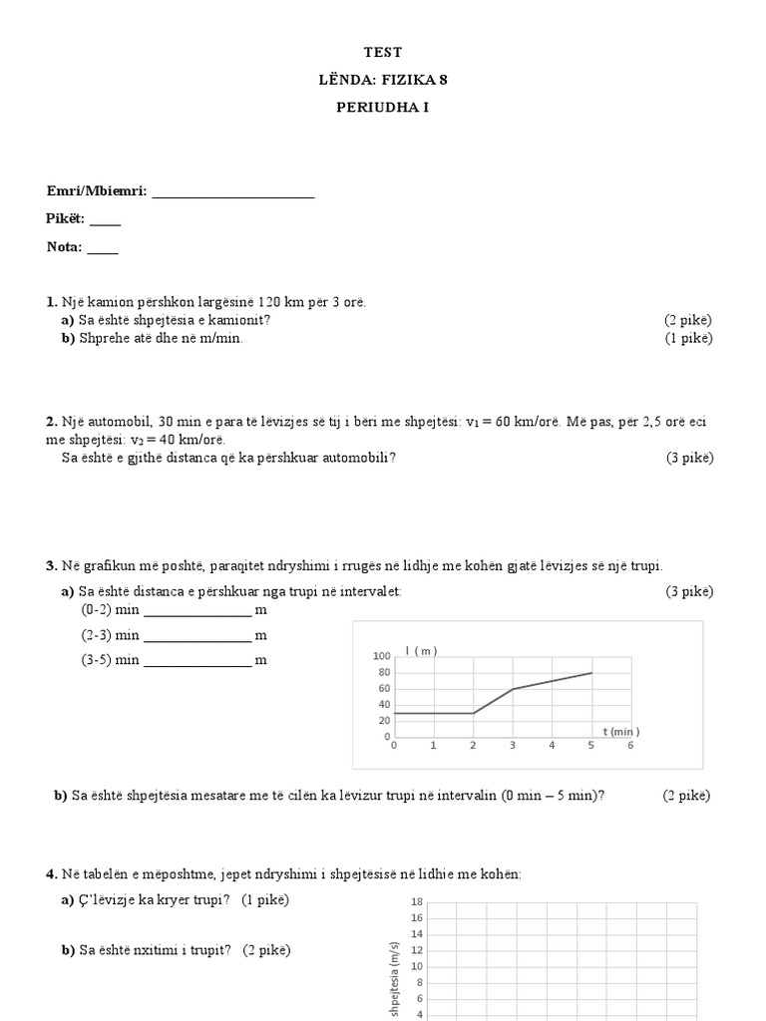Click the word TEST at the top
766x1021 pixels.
coord(383,52)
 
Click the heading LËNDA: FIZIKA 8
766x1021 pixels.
coord(383,80)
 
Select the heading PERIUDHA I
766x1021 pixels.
coord(383,107)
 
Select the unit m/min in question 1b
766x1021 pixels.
coord(218,338)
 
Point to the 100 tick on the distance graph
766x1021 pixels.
coord(381,656)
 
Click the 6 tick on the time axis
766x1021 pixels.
coord(630,746)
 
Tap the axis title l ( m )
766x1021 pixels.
coord(422,651)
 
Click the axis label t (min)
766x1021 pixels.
coord(619,731)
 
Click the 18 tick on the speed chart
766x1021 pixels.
coord(418,901)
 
